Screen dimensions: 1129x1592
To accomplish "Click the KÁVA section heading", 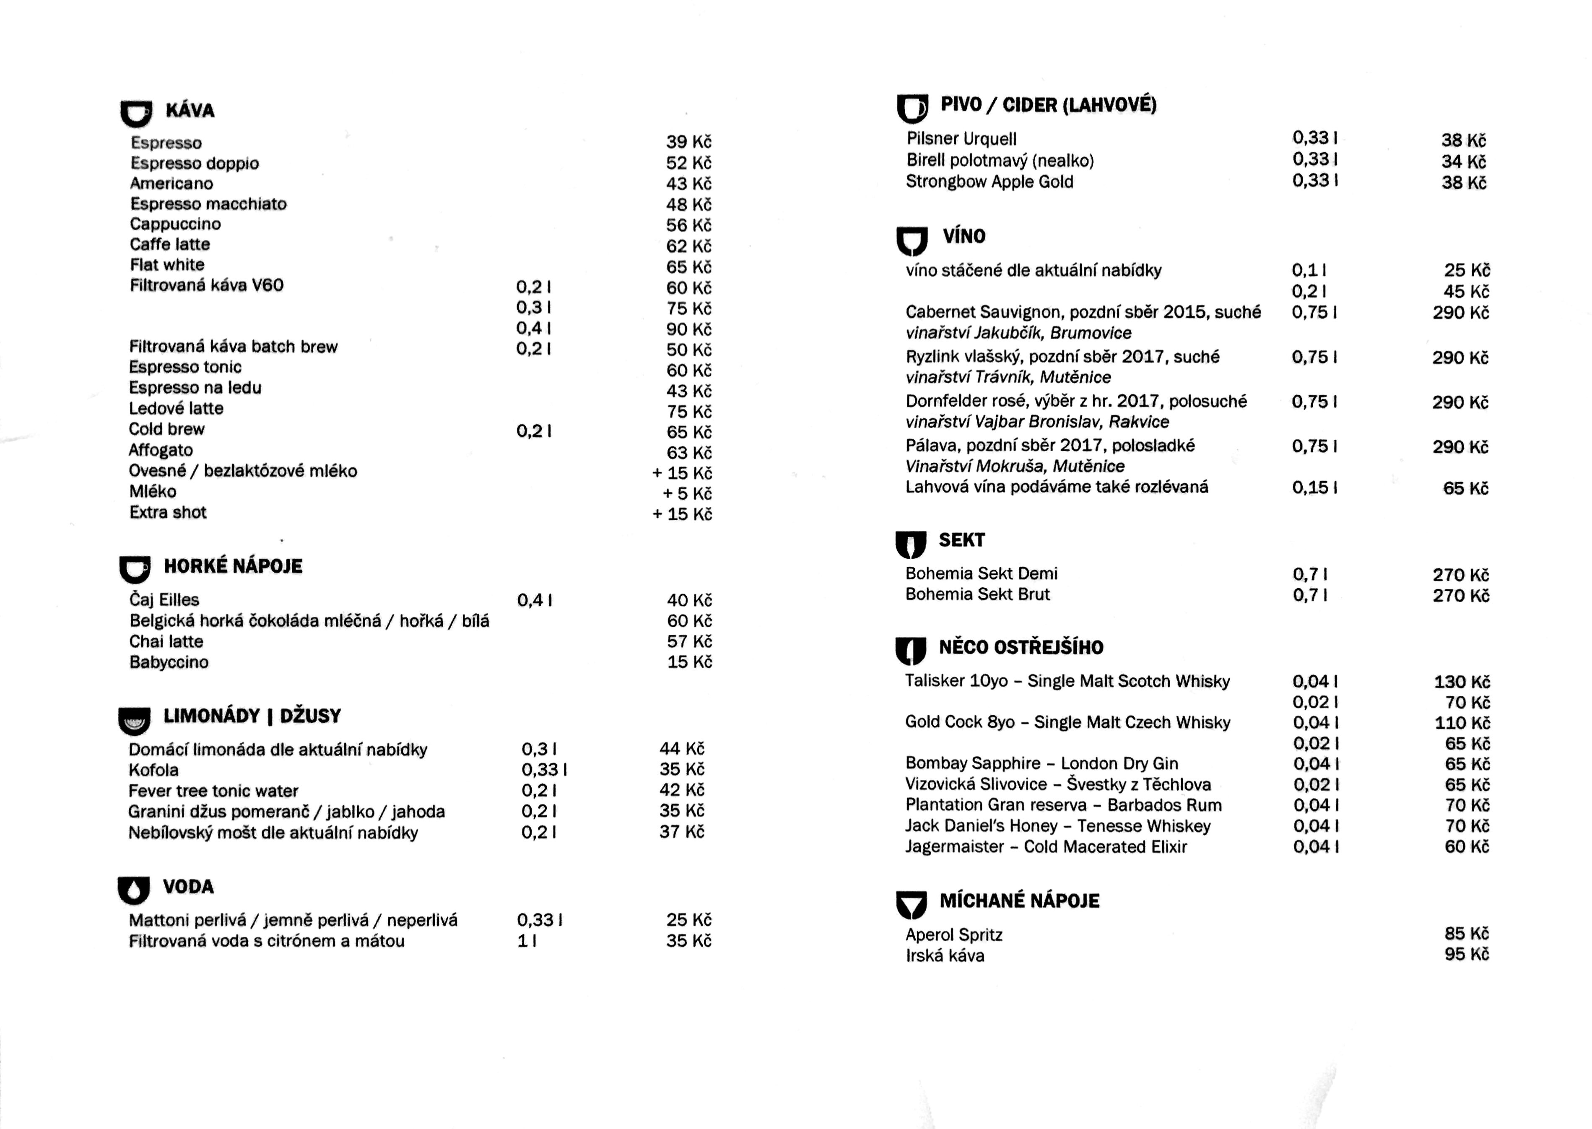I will tap(190, 111).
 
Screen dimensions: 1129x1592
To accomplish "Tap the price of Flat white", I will tap(688, 267).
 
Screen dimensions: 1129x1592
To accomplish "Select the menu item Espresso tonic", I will tap(185, 367).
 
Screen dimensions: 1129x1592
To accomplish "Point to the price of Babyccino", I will tap(689, 662).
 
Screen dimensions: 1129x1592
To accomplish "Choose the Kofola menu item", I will tap(153, 770).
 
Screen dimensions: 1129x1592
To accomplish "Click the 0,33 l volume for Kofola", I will tap(544, 770).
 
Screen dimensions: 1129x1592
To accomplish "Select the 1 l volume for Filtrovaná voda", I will tap(526, 941).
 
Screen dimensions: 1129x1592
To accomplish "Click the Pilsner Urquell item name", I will tap(961, 139).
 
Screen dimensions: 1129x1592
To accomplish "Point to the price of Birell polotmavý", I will tap(1463, 161).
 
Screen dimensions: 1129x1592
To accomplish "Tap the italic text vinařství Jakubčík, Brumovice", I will tap(1018, 333).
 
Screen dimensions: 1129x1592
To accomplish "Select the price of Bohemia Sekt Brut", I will tap(1461, 596).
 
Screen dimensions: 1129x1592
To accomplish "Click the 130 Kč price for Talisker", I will tap(1462, 682).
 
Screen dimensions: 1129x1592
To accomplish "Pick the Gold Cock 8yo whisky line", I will tap(1067, 722).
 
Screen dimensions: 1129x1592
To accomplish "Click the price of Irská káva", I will tap(1466, 955).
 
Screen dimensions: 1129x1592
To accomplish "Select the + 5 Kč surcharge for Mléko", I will tap(687, 493).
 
